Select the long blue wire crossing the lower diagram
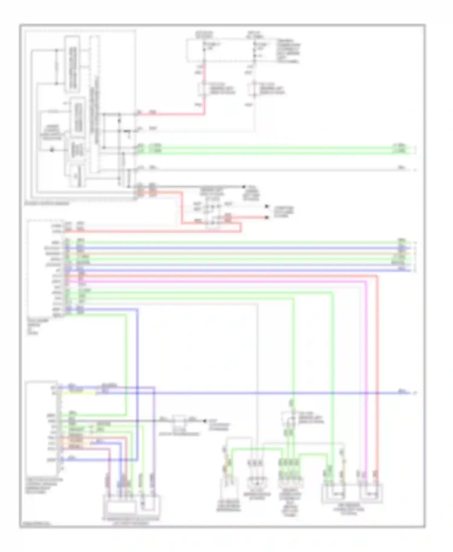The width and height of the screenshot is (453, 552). coord(272,393)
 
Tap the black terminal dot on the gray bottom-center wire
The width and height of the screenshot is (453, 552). coord(204,421)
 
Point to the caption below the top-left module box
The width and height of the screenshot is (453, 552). coord(47,204)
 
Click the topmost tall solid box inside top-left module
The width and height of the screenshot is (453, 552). coord(72,64)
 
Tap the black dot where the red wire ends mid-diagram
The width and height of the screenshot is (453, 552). coord(267,217)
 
